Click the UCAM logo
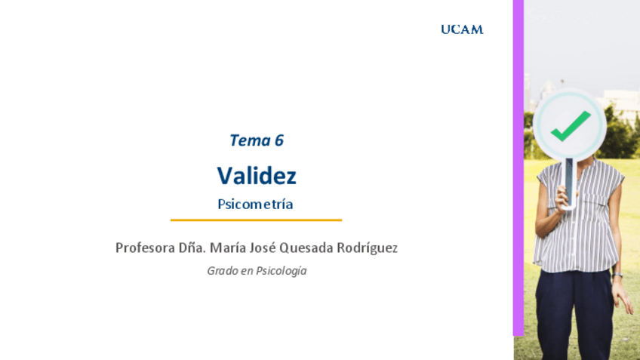[x=462, y=29]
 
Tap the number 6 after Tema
[x=279, y=140]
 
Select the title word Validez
[x=257, y=176]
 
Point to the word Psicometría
[x=255, y=204]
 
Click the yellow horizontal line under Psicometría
[x=256, y=220]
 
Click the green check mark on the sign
[x=570, y=126]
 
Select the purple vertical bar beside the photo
[x=518, y=166]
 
